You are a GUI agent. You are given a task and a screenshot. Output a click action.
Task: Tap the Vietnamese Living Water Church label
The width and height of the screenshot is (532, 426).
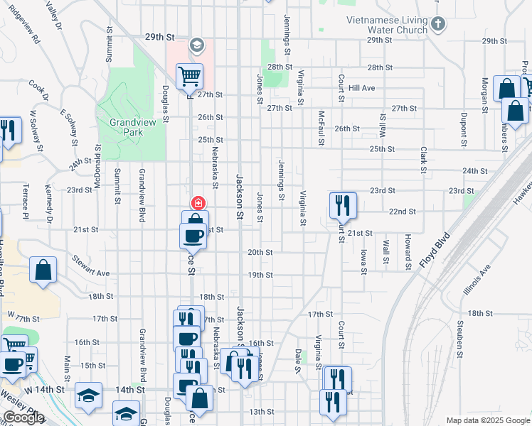387,26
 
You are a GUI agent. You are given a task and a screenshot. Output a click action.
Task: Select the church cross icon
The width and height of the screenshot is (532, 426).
438,25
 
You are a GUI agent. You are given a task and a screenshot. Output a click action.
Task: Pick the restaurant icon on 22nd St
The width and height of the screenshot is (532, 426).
342,205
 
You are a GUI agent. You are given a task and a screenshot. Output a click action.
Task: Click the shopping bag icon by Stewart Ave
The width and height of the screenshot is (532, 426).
43,270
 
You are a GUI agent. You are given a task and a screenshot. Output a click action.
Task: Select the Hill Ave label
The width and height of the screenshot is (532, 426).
362,88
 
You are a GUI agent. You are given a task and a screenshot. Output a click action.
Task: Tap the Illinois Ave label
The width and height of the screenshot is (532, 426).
481,280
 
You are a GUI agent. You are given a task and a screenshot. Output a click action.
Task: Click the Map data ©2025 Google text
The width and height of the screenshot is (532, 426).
487,420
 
